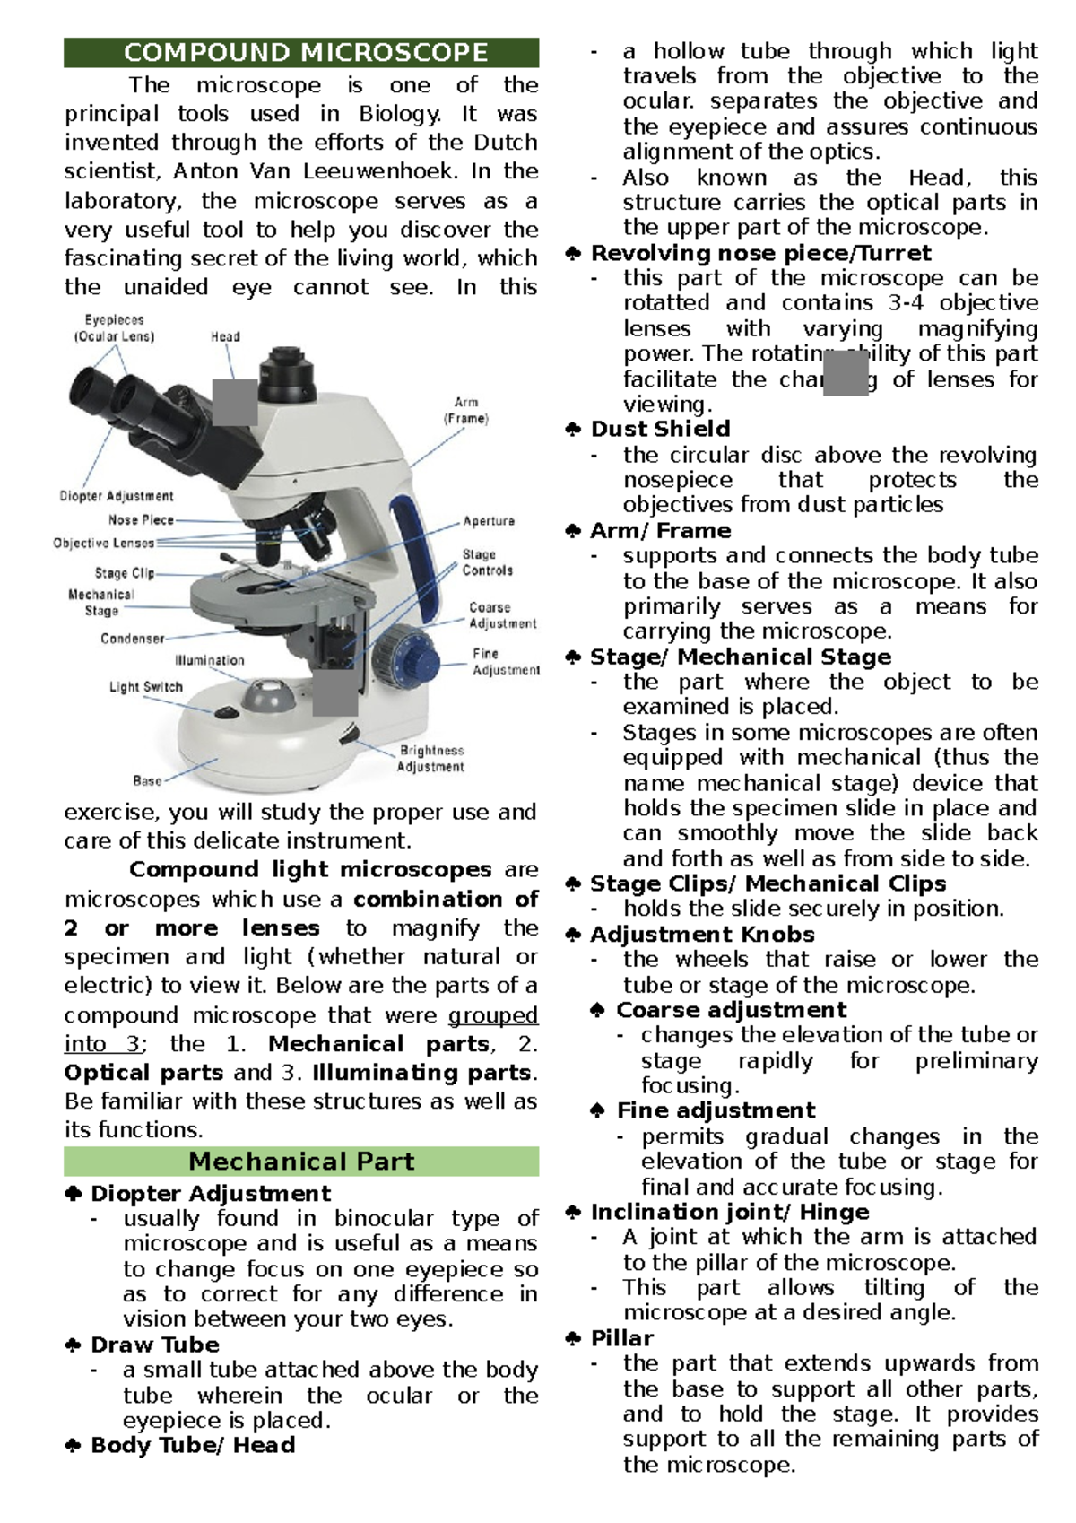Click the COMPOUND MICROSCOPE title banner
click(301, 53)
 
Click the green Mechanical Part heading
click(301, 1162)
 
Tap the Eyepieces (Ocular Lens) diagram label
click(114, 328)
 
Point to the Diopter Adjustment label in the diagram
click(117, 496)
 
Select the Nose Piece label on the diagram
click(141, 520)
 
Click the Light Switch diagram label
click(145, 687)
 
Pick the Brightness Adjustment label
click(431, 758)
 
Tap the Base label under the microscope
click(147, 780)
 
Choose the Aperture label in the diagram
click(489, 521)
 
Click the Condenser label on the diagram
click(132, 639)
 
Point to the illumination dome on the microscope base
click(270, 693)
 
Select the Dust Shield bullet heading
click(660, 429)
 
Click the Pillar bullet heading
click(622, 1338)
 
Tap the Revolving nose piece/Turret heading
click(760, 253)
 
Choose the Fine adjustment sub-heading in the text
click(716, 1110)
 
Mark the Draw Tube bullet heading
click(155, 1345)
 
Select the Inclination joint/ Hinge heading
click(730, 1212)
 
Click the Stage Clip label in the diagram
click(125, 573)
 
